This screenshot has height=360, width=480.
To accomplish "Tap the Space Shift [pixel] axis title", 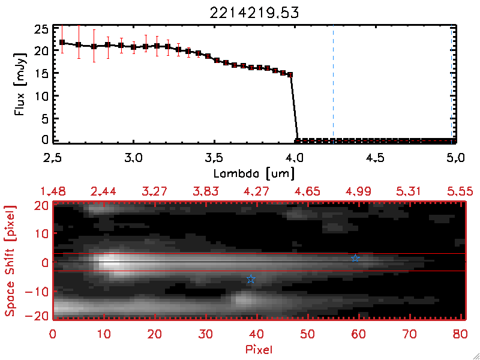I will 10,261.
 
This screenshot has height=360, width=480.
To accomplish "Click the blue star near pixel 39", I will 251,280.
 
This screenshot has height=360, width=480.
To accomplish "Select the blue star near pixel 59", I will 355,258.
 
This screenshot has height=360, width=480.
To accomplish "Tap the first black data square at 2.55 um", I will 62,43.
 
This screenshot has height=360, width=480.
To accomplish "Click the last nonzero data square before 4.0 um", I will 290,75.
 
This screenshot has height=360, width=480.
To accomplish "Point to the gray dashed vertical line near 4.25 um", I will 333,84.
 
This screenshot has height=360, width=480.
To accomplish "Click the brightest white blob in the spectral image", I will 109,262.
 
